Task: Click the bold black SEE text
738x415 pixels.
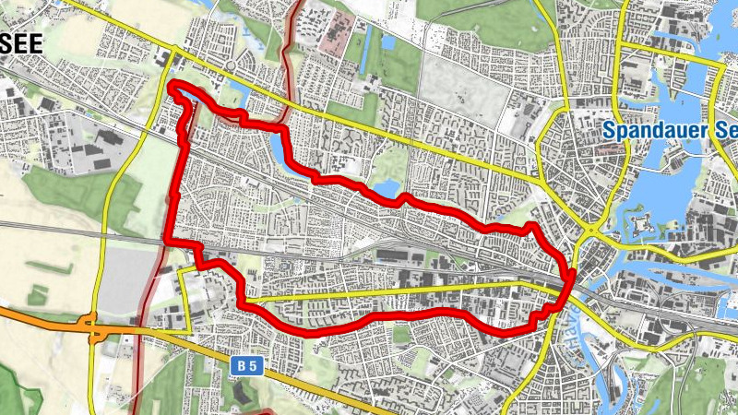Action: click(x=22, y=44)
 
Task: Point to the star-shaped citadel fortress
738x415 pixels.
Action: click(x=640, y=222)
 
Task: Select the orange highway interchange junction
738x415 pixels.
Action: click(x=90, y=326)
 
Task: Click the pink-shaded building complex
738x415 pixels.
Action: click(x=330, y=33)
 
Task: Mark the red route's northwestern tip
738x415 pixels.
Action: click(x=173, y=88)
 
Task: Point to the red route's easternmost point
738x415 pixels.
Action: click(x=573, y=274)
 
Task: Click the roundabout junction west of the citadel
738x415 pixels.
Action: click(x=589, y=229)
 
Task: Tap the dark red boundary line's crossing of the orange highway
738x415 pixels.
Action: click(x=139, y=326)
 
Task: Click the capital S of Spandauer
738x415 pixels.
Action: click(x=611, y=131)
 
